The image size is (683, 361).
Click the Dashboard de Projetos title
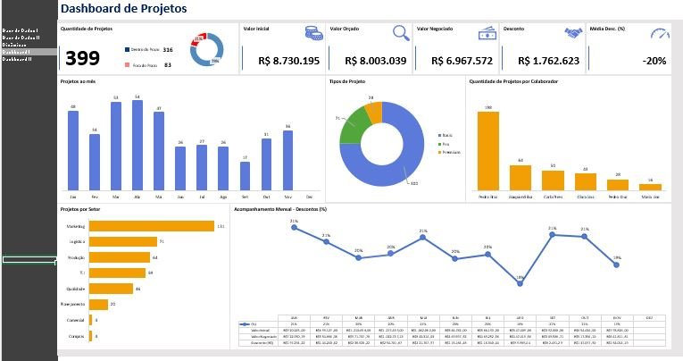click(123, 9)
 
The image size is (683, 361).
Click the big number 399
click(82, 59)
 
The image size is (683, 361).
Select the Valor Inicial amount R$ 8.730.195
click(288, 61)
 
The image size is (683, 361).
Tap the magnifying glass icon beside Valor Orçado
click(401, 33)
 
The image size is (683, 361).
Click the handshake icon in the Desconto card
click(573, 33)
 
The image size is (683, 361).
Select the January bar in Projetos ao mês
click(73, 149)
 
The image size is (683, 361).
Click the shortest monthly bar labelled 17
click(245, 175)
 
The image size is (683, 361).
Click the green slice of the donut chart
click(354, 124)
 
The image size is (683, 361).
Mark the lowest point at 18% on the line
click(520, 279)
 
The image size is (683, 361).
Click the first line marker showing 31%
click(294, 227)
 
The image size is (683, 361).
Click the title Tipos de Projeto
click(347, 81)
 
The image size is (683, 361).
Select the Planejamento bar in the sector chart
click(98, 304)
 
